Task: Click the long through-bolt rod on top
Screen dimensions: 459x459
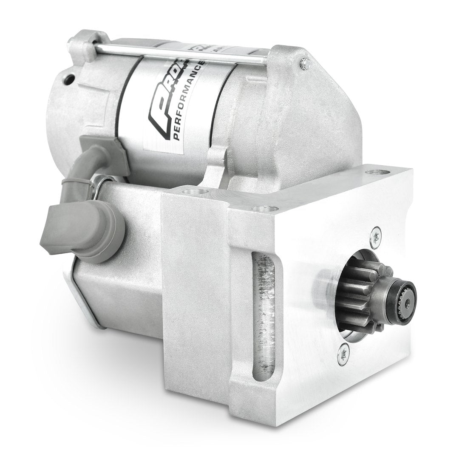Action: (x=178, y=54)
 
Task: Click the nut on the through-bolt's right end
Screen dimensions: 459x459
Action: (x=304, y=63)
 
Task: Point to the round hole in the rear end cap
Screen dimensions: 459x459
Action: (x=69, y=78)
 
